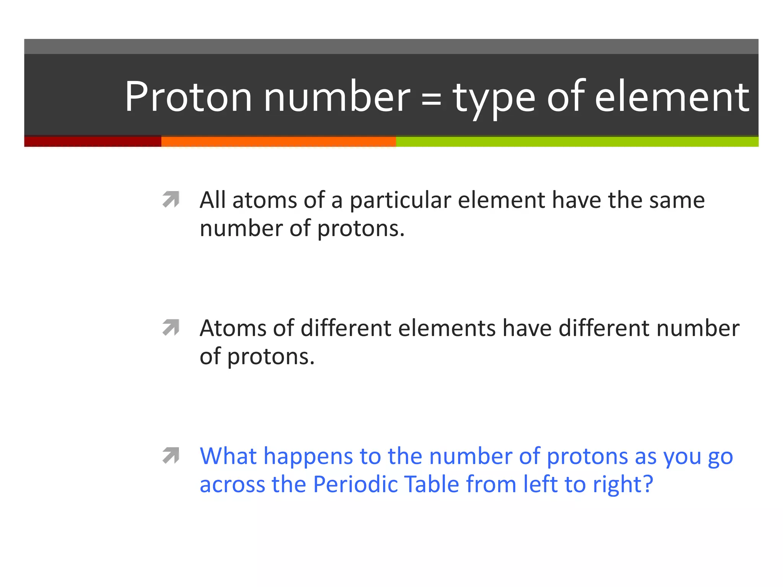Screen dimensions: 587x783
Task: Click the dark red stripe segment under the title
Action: [93, 141]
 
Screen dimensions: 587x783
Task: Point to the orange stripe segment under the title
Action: [278, 141]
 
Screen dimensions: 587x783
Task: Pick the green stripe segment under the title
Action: [577, 141]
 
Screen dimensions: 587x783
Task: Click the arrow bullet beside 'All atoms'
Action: [171, 199]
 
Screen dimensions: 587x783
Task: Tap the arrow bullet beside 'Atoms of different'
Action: [171, 327]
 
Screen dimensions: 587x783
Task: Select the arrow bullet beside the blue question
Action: [171, 455]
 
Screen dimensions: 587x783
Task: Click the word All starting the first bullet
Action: [212, 200]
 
